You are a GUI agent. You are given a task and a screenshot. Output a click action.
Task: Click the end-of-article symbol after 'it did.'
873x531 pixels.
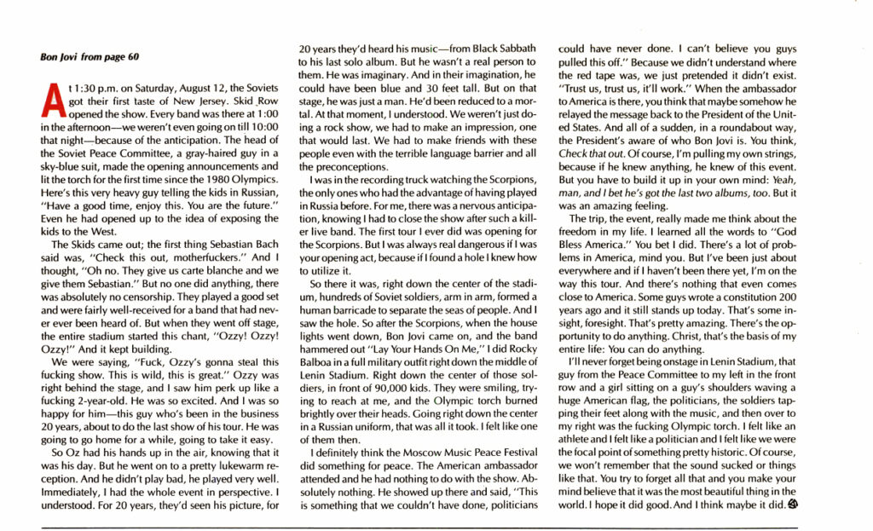tap(793, 505)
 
